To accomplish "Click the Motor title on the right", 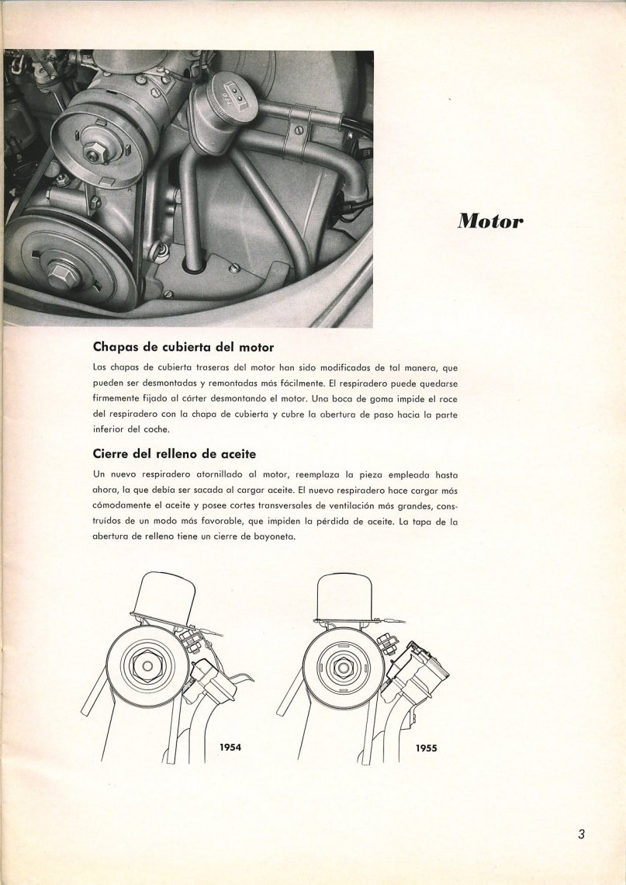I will click(x=490, y=220).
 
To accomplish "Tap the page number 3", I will click(x=581, y=835).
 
